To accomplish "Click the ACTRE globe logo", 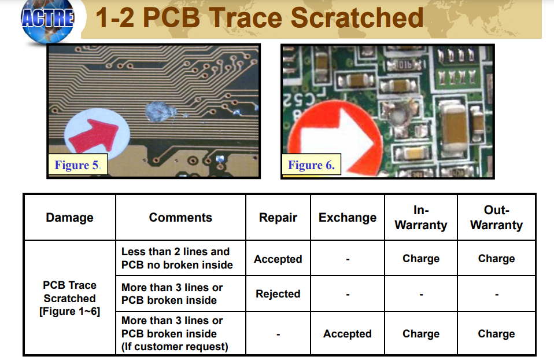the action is pyautogui.click(x=47, y=20).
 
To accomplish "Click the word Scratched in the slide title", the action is pyautogui.click(x=357, y=17).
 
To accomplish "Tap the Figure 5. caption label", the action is pyautogui.click(x=77, y=165).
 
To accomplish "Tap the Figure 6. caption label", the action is pyautogui.click(x=311, y=165).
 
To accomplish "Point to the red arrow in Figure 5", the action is pyautogui.click(x=94, y=136).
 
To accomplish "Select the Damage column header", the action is pyautogui.click(x=69, y=218).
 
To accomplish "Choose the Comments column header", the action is pyautogui.click(x=180, y=218).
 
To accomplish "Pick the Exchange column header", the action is pyautogui.click(x=348, y=218).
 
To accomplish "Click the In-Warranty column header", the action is pyautogui.click(x=421, y=218).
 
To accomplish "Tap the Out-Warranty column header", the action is pyautogui.click(x=496, y=218).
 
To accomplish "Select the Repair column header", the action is pyautogui.click(x=278, y=218).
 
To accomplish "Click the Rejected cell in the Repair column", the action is pyautogui.click(x=278, y=294).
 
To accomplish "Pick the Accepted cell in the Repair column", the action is pyautogui.click(x=278, y=259).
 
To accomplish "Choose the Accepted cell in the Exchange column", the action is pyautogui.click(x=348, y=334).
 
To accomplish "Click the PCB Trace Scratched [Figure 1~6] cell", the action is pyautogui.click(x=69, y=298).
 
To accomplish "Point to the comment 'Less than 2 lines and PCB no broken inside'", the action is pyautogui.click(x=177, y=258).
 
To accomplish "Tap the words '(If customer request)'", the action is pyautogui.click(x=175, y=347).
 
